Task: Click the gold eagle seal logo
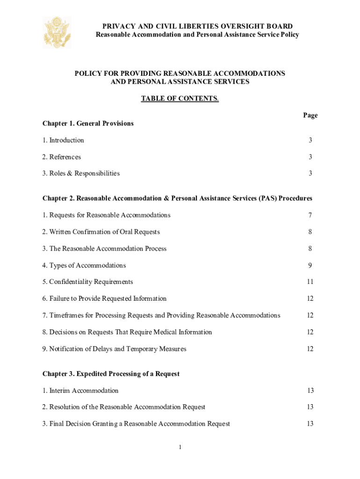coord(57,32)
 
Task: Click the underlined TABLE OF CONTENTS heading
coord(180,98)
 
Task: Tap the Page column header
coord(310,115)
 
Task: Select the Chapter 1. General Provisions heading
coord(88,123)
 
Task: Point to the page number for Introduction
coord(310,140)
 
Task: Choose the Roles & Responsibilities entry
coord(81,174)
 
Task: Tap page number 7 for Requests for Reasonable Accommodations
coord(310,215)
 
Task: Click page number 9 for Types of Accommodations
coord(310,266)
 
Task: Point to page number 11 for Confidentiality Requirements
coord(310,282)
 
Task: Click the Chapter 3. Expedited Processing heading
coord(111,374)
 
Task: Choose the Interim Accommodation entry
coord(80,391)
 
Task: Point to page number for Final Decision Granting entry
coord(310,424)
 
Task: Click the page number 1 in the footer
coord(180,448)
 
